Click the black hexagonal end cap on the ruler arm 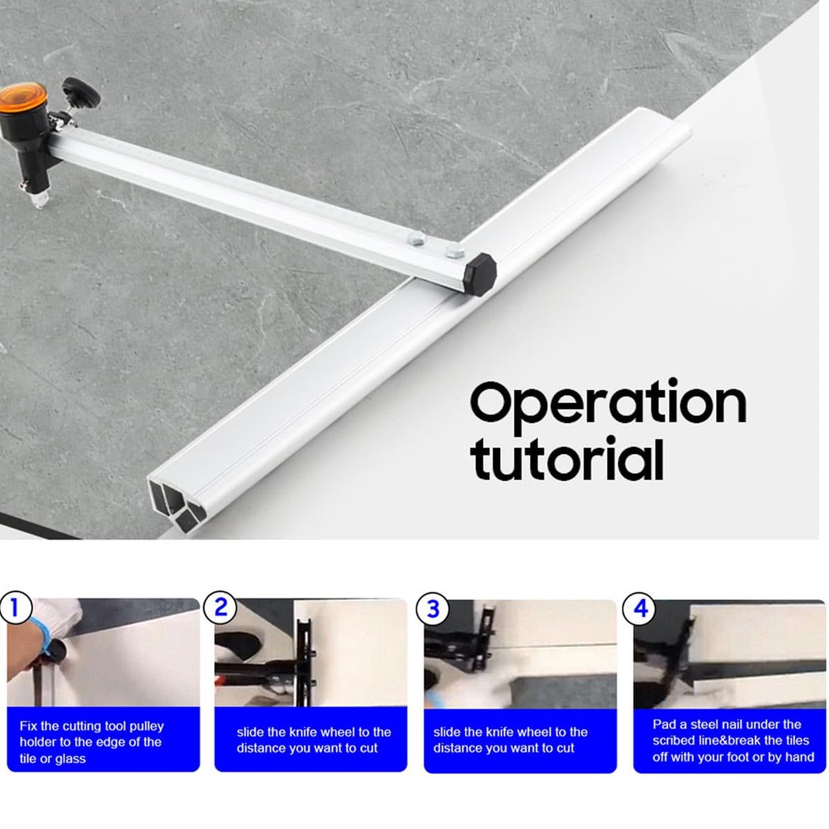click(479, 274)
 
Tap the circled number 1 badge click(15, 608)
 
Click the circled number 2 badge click(221, 608)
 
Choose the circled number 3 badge click(433, 609)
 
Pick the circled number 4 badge click(640, 608)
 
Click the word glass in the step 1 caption click(70, 759)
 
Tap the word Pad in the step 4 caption click(664, 724)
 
